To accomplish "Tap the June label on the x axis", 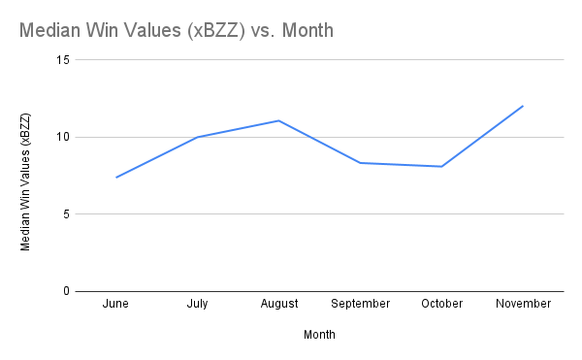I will click(115, 304).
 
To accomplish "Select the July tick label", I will click(198, 304).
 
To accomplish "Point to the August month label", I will click(279, 304).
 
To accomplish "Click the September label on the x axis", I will click(360, 304).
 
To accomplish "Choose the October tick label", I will click(442, 304).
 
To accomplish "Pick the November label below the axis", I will click(523, 304).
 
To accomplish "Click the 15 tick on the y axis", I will click(64, 60).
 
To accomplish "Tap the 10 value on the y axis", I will click(64, 137).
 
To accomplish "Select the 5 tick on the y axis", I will click(67, 214).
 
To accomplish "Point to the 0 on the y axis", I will click(67, 291).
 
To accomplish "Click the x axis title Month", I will click(319, 335).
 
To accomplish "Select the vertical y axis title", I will click(26, 182).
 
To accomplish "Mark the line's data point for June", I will click(116, 178).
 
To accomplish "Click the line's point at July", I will click(198, 137).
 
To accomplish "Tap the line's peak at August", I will click(278, 120).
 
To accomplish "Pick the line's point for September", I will click(360, 162).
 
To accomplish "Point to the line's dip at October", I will click(442, 166).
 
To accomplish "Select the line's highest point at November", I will click(523, 106).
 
